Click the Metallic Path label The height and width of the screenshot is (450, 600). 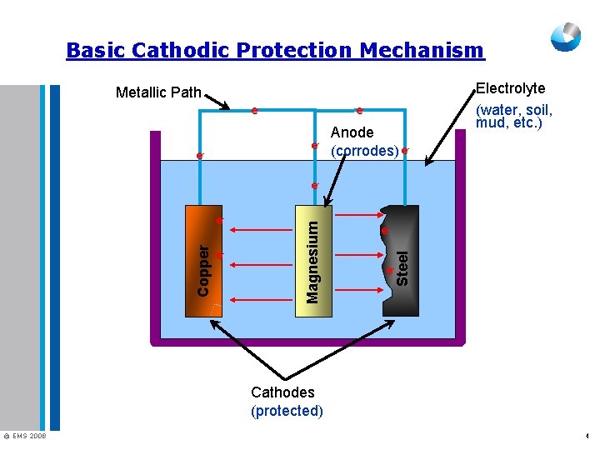click(158, 92)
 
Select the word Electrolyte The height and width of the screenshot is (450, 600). click(510, 88)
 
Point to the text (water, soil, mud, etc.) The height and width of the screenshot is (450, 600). click(513, 117)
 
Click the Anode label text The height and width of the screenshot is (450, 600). click(352, 132)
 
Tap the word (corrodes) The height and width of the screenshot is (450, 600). click(364, 151)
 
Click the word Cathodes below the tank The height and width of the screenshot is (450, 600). click(282, 392)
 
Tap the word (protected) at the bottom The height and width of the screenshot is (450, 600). click(287, 411)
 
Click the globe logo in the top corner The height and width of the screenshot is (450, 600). click(566, 37)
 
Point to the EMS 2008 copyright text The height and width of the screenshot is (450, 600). click(25, 436)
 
